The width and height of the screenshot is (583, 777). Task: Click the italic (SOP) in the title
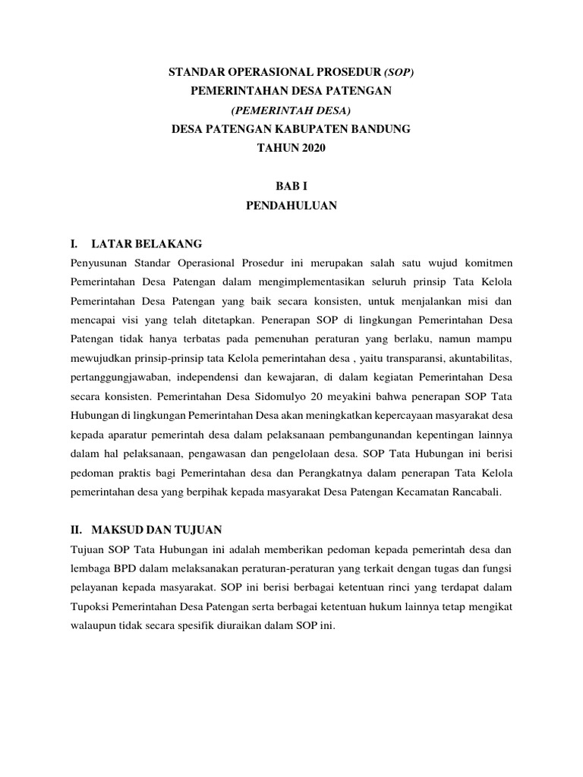(399, 72)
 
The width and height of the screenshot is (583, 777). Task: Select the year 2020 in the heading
(308, 149)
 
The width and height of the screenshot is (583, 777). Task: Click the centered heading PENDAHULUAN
(291, 205)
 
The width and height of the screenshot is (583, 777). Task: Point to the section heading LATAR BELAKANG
(146, 244)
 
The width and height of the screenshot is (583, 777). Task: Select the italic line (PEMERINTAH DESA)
(291, 110)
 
